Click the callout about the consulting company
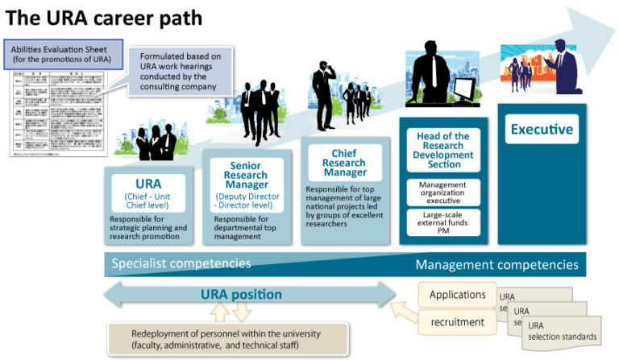tap(182, 72)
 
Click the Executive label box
tap(542, 129)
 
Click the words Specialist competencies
tap(181, 263)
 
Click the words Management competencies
tap(496, 264)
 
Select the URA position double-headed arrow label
tap(241, 295)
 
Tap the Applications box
tap(456, 295)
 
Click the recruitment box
tap(456, 322)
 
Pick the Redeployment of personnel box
tap(228, 340)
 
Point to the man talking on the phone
tap(325, 95)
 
